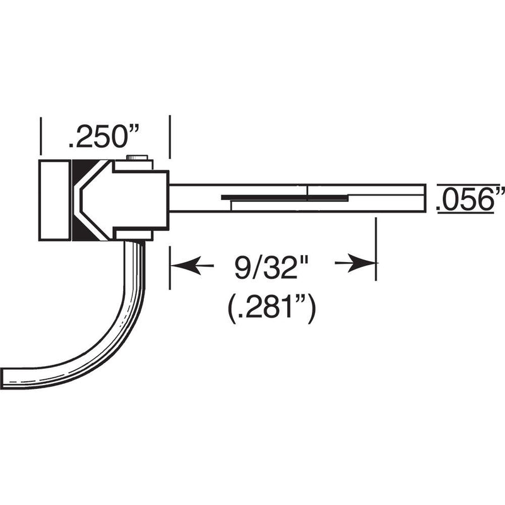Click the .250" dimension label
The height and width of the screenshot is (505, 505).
click(x=104, y=138)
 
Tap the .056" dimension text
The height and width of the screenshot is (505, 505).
click(x=470, y=199)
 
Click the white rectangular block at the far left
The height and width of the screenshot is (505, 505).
click(x=55, y=200)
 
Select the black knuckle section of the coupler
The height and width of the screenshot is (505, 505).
click(x=81, y=200)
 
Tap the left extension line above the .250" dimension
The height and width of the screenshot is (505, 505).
click(x=40, y=136)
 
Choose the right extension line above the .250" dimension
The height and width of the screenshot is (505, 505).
click(x=169, y=136)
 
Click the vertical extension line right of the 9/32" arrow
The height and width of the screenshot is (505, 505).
click(x=376, y=249)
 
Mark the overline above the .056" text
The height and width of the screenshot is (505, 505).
click(x=470, y=184)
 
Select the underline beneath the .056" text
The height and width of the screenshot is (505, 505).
click(x=470, y=215)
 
